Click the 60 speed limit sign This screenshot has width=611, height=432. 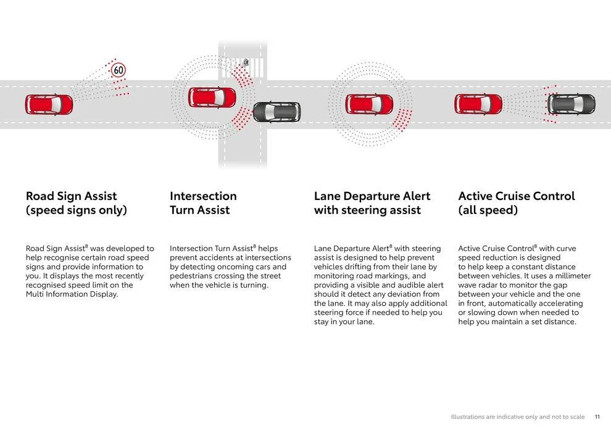(x=118, y=70)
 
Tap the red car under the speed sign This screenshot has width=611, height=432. (x=49, y=104)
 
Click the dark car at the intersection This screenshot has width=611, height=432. (x=276, y=112)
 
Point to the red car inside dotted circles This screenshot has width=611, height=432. (x=369, y=104)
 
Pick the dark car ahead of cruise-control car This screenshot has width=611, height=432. (x=572, y=104)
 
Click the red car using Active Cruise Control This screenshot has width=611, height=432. (x=478, y=104)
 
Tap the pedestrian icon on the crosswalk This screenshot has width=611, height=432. (x=246, y=62)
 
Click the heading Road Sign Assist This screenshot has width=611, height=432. (x=71, y=196)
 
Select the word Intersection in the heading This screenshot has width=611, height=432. (x=203, y=196)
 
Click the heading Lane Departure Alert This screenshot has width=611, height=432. (x=372, y=196)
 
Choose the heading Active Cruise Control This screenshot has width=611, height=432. (x=516, y=196)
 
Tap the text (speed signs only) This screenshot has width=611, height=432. (x=76, y=210)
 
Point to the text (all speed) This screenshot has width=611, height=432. (x=488, y=210)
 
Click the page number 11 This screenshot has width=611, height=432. (x=597, y=417)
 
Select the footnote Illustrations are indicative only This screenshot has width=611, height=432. (x=517, y=417)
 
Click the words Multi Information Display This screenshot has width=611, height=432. (x=72, y=294)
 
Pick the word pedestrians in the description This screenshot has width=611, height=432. (x=194, y=276)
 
